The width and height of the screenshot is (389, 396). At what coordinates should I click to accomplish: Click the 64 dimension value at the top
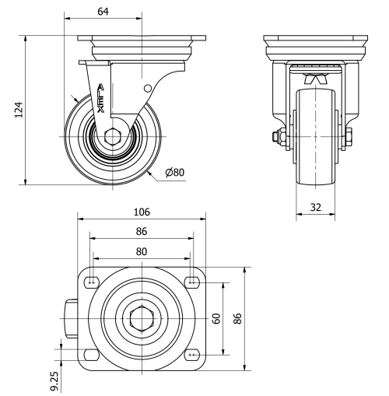coord(103,12)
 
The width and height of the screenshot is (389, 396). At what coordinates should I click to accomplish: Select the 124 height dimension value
coord(19,110)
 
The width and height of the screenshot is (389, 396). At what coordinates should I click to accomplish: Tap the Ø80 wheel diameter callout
coord(175,172)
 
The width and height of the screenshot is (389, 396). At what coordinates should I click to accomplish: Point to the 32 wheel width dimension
coord(316,207)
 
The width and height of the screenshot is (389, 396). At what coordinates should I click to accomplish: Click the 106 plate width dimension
coord(142,212)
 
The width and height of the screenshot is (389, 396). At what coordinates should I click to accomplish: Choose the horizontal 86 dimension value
coord(142,231)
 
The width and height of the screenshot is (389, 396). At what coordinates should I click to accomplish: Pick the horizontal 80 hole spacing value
coord(142,251)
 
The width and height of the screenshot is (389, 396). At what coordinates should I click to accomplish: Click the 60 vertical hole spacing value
coord(216,318)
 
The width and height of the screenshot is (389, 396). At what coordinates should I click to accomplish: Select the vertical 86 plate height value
coord(237,318)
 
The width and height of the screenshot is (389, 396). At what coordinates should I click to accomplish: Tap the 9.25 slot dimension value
coord(54,381)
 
